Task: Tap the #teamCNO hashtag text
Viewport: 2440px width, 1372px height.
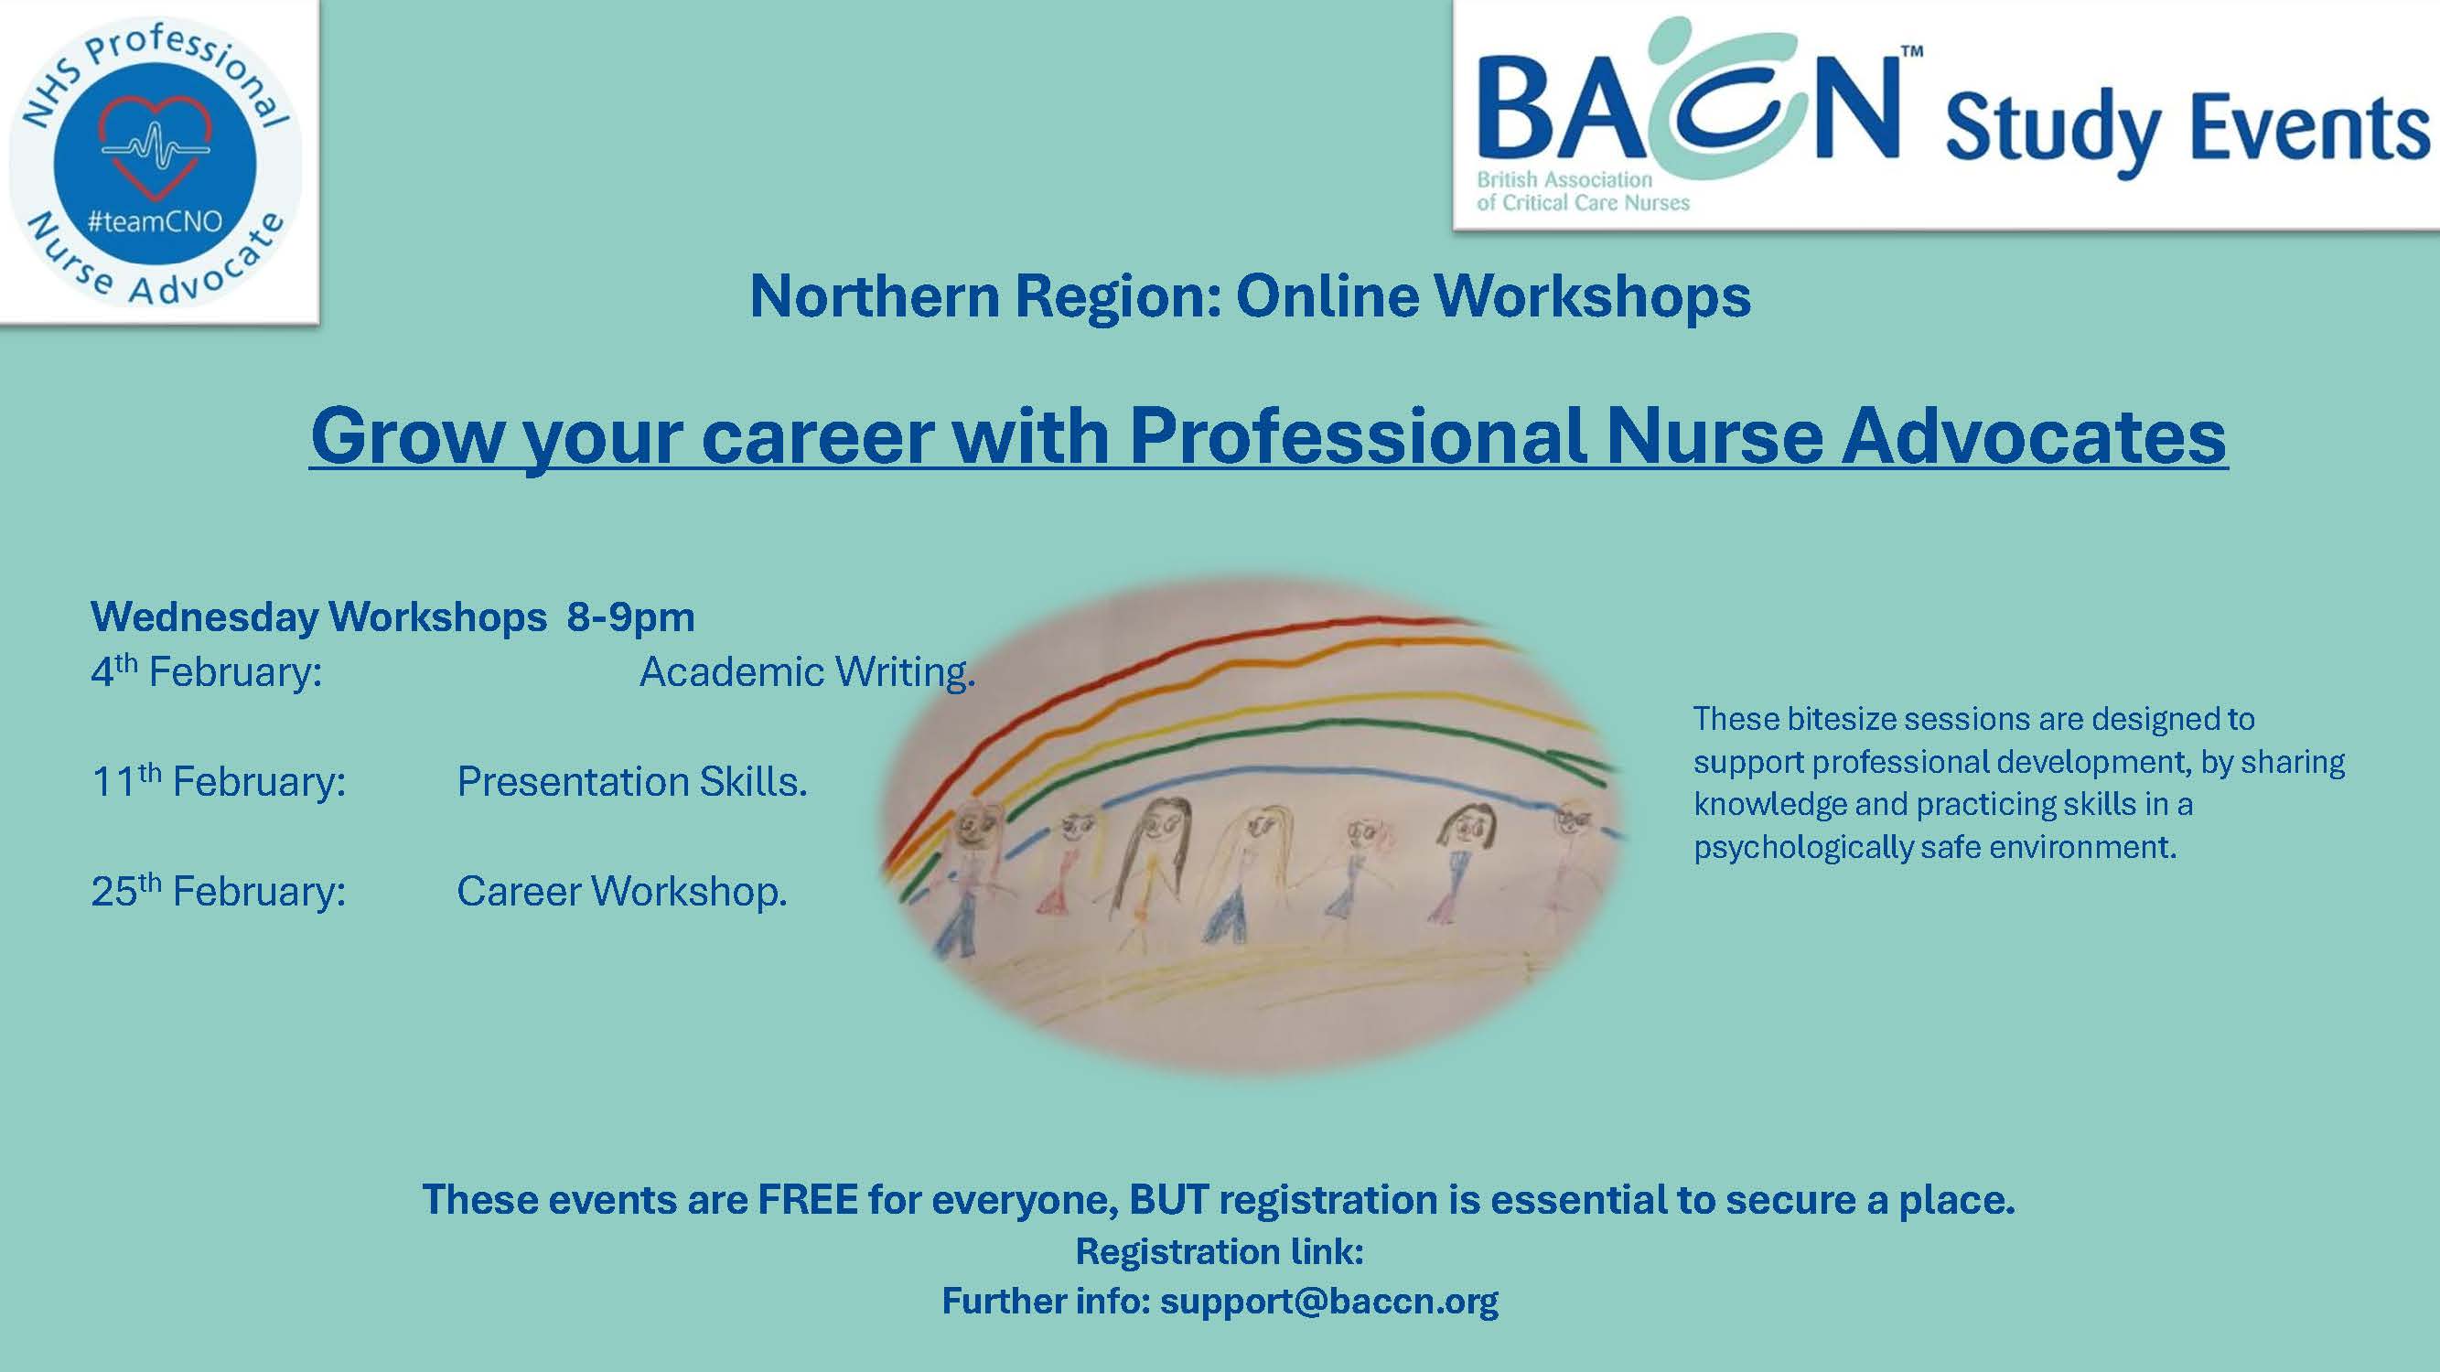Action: (155, 221)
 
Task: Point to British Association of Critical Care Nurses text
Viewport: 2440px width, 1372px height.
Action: (1583, 190)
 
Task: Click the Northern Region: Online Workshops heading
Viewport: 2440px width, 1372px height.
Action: (1250, 296)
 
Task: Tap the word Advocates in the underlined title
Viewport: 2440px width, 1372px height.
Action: (2035, 435)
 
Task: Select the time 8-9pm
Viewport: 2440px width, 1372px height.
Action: (631, 617)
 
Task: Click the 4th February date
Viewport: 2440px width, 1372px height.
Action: (207, 670)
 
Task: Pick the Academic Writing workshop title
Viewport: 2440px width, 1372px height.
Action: (807, 671)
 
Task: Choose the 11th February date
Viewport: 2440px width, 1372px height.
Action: (219, 781)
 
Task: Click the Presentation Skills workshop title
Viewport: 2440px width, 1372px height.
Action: (632, 782)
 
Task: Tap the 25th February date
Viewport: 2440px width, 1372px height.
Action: (219, 891)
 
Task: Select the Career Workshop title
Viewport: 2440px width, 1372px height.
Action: (621, 892)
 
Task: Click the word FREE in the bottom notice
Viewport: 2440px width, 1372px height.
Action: (808, 1200)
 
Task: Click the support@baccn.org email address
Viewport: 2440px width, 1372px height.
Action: (1329, 1302)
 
